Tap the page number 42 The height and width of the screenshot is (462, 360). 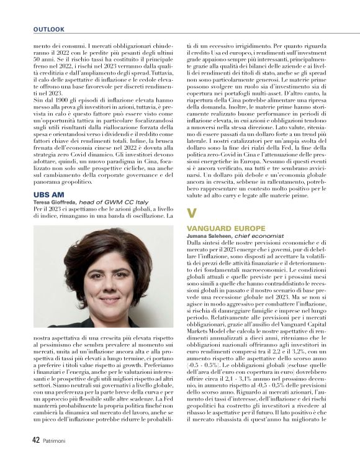[x=36, y=439]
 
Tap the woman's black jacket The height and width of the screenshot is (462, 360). [x=68, y=317]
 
